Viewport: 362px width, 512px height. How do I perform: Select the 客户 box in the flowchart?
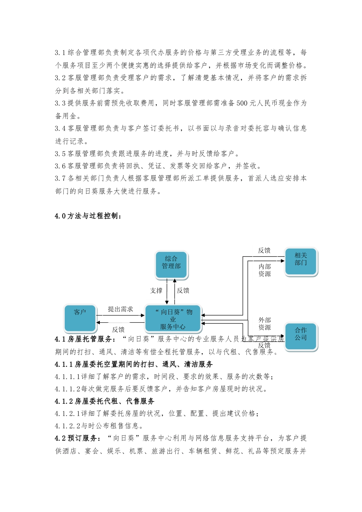click(80, 317)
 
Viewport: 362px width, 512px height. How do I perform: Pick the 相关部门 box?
click(301, 261)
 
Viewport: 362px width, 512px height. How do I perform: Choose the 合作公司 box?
click(301, 336)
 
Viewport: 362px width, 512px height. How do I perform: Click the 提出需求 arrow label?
click(120, 309)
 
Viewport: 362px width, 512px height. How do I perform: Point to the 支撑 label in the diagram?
click(156, 291)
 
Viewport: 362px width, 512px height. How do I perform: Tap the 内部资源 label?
click(264, 270)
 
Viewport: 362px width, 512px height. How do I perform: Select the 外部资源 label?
click(264, 324)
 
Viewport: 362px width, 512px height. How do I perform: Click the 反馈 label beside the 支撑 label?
click(183, 291)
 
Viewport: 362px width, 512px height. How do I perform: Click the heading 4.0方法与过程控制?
click(88, 216)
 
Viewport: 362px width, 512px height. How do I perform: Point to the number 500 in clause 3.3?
click(242, 103)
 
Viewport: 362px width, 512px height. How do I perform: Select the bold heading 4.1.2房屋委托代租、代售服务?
click(105, 401)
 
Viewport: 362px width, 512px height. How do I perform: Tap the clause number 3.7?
click(60, 178)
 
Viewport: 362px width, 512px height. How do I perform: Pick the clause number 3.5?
click(60, 154)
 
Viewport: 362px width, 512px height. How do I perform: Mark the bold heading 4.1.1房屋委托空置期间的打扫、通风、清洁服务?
click(134, 364)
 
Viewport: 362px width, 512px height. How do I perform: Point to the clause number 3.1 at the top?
click(60, 53)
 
